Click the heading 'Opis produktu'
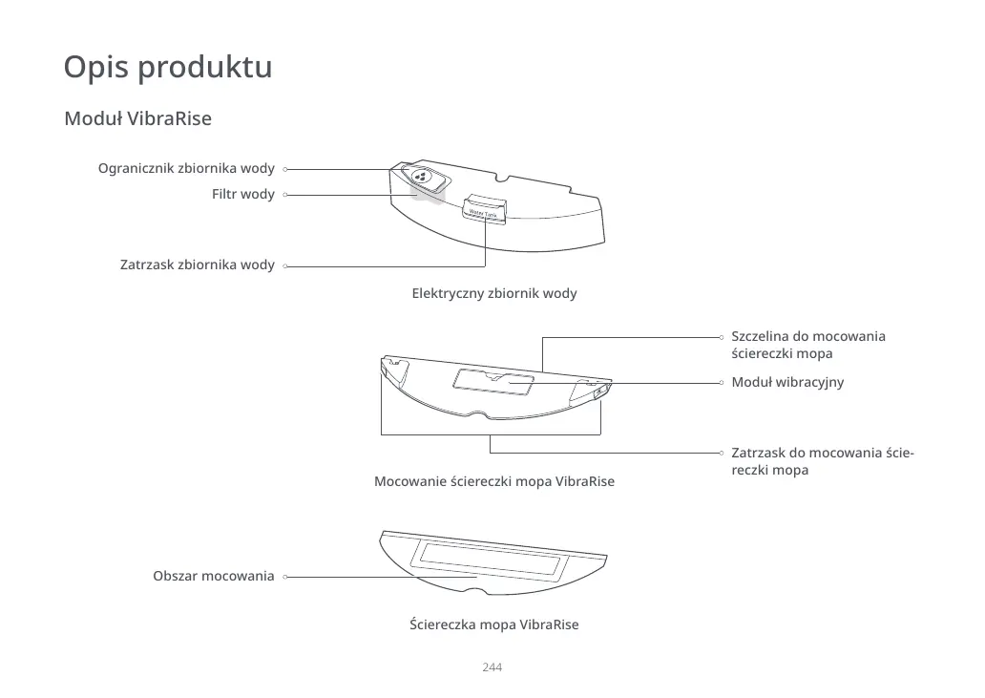tap(167, 68)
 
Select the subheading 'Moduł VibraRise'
tap(137, 119)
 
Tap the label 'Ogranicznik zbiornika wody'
tap(186, 169)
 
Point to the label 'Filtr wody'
tap(243, 195)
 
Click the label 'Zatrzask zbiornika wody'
tap(197, 264)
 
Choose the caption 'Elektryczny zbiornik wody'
tap(493, 293)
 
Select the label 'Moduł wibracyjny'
tap(786, 382)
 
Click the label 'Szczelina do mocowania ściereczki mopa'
tap(807, 345)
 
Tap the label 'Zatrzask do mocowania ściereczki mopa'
tap(821, 461)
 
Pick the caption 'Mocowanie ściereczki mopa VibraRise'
tap(493, 481)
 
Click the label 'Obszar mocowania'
tap(213, 577)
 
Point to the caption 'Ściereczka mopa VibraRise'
tap(493, 624)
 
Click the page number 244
tap(492, 666)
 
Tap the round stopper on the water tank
tap(421, 177)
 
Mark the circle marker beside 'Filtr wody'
tap(285, 195)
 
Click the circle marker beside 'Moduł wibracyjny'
tap(723, 382)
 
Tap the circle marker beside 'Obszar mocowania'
tap(285, 577)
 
